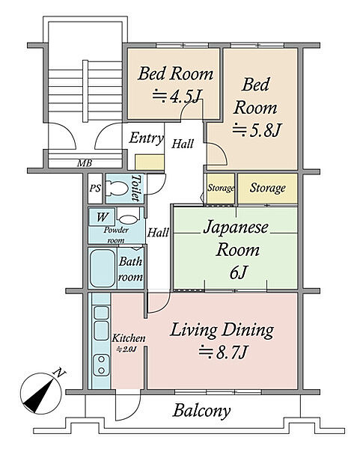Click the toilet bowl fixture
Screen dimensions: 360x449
117,189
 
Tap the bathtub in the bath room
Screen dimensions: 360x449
103,268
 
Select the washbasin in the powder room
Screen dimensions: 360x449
128,219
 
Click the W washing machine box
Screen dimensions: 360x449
102,217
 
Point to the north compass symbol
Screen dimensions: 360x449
41,393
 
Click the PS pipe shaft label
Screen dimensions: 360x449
95,188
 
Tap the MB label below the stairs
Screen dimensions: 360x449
85,163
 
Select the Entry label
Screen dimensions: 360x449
146,138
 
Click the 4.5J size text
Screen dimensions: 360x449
176,96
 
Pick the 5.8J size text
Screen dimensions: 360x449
255,130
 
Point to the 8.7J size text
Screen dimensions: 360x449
223,352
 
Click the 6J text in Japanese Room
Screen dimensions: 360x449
238,272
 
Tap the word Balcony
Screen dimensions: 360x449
201,411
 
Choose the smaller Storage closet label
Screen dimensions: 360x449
221,188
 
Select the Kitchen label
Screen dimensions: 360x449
129,338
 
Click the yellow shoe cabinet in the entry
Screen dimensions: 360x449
150,162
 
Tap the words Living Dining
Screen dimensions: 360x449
222,330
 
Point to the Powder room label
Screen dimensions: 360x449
116,235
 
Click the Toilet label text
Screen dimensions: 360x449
136,188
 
